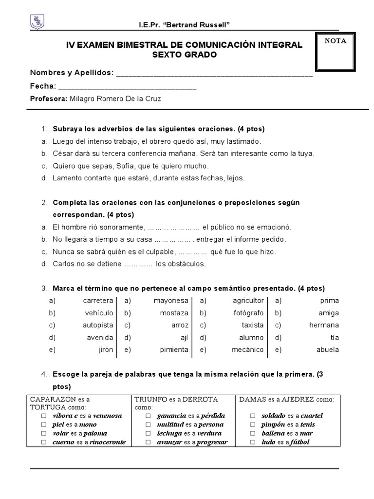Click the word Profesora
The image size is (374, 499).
tap(48, 99)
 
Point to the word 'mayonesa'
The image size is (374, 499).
tap(170, 301)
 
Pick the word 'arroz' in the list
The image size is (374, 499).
tap(178, 325)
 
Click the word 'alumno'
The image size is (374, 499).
tap(251, 337)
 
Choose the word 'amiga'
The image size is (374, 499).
tap(329, 313)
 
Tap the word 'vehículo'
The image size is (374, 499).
tap(99, 313)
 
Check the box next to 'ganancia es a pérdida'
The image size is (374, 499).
tap(148, 416)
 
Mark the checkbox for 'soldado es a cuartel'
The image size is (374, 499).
tap(252, 416)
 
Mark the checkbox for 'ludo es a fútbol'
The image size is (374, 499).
tap(252, 442)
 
